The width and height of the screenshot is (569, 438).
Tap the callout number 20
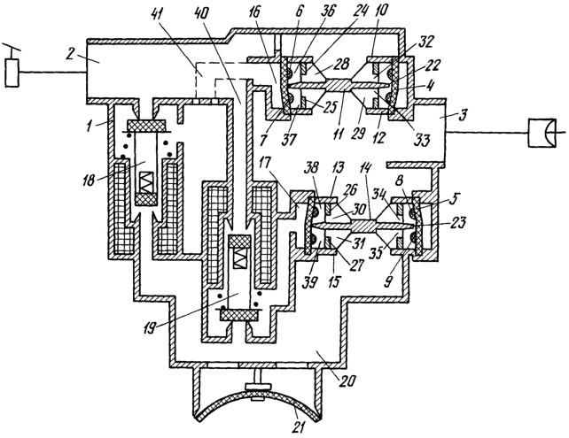347,381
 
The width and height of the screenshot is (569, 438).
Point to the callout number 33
421,139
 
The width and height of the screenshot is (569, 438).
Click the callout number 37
290,139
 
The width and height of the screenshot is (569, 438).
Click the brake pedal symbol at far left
12,68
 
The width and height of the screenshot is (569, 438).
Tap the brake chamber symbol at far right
544,133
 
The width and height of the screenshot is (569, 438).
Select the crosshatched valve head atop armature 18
146,126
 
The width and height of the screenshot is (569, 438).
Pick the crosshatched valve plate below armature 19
239,315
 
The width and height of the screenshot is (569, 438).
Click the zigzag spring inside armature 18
145,181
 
